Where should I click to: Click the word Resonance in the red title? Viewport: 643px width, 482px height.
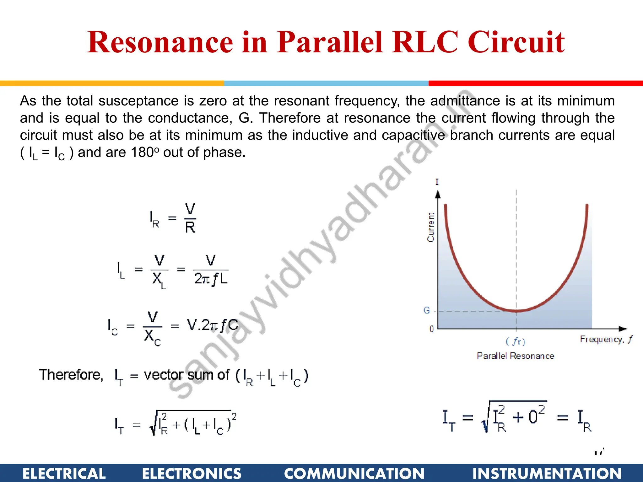pos(160,42)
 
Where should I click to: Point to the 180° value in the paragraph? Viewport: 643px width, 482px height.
pos(145,153)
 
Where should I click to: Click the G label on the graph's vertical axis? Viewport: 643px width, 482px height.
pos(426,310)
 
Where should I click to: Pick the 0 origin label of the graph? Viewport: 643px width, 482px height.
pos(432,329)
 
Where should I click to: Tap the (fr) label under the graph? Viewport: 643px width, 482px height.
pos(516,341)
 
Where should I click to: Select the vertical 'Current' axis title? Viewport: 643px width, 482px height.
pos(431,227)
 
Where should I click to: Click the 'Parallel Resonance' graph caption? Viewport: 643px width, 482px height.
pos(516,356)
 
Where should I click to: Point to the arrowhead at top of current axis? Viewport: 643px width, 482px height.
pos(438,194)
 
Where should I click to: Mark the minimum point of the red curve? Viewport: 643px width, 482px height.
pos(516,311)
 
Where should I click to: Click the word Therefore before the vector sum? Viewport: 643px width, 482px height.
pos(71,375)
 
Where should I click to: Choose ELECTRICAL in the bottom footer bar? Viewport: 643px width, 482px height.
pos(64,474)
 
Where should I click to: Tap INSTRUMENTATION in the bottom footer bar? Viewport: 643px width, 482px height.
pos(547,474)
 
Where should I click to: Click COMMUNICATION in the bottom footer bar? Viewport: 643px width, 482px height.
pos(354,474)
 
